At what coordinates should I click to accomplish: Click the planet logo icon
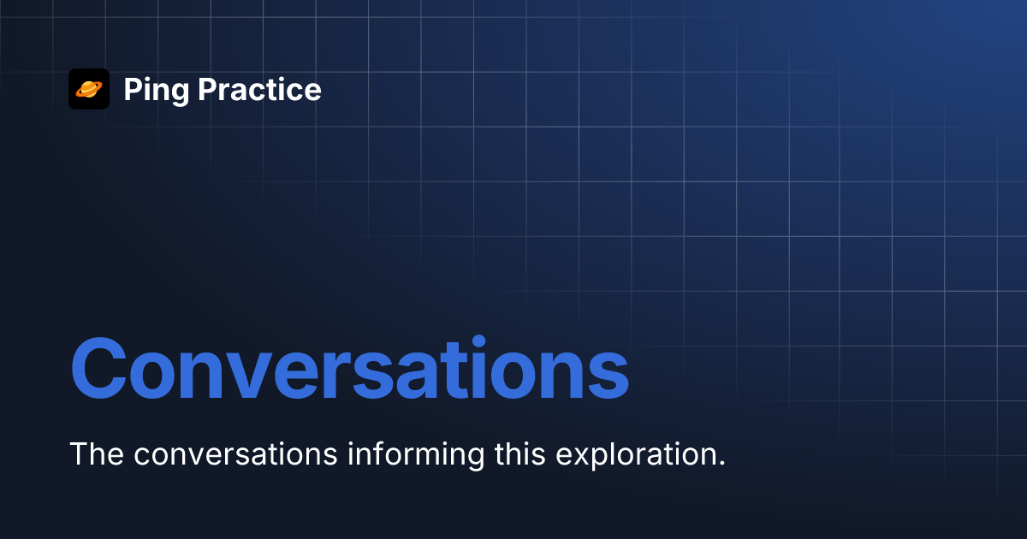(x=89, y=89)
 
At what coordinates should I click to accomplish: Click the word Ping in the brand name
(x=157, y=91)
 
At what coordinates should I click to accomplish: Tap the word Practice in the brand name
(x=259, y=89)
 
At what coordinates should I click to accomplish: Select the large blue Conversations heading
(x=350, y=369)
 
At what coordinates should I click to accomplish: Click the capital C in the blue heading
(x=98, y=369)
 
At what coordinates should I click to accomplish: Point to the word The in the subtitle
(x=97, y=453)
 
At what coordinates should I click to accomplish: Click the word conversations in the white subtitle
(x=235, y=454)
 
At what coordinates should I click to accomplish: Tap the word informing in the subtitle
(x=416, y=454)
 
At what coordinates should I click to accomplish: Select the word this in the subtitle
(x=520, y=453)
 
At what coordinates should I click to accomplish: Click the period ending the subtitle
(x=722, y=463)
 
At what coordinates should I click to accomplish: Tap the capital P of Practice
(x=208, y=89)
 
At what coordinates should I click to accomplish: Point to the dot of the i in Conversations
(x=479, y=341)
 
